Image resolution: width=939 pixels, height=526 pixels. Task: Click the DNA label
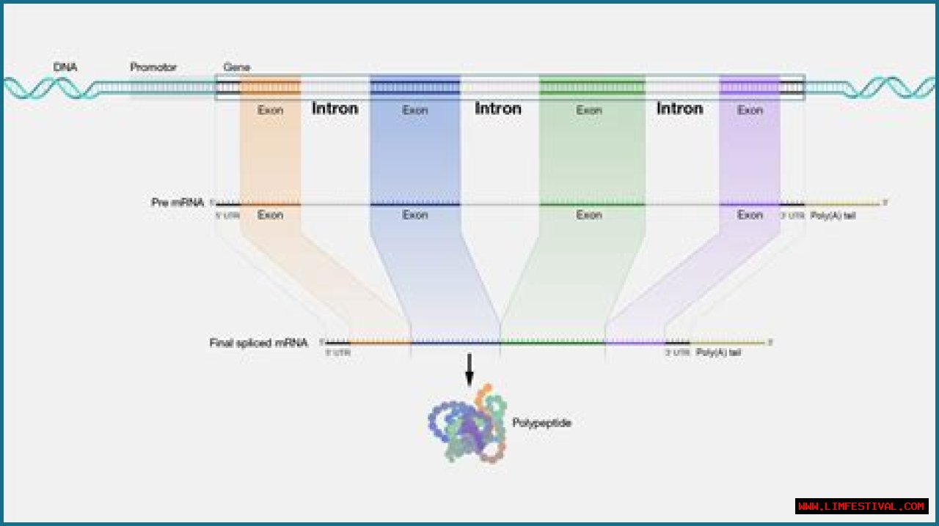(x=65, y=67)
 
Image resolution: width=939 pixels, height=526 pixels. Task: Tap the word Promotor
(x=153, y=67)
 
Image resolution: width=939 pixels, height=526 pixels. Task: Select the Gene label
(x=236, y=67)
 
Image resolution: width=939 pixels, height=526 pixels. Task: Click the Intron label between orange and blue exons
(x=335, y=108)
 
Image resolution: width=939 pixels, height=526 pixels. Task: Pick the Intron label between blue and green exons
(x=498, y=108)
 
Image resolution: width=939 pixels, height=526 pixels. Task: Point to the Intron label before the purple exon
(x=680, y=108)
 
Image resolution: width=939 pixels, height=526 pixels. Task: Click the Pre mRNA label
(x=178, y=202)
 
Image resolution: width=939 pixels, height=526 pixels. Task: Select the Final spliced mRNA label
(x=258, y=342)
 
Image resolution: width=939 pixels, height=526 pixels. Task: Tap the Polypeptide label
(x=541, y=423)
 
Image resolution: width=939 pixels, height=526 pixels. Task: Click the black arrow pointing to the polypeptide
(x=469, y=370)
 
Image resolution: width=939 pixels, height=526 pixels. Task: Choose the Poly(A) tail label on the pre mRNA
(x=833, y=215)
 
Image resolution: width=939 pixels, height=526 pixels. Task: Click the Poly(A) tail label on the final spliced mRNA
(x=718, y=352)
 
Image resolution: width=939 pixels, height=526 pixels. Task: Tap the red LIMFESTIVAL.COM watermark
(x=861, y=506)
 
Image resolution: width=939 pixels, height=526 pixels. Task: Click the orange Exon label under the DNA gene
(x=270, y=111)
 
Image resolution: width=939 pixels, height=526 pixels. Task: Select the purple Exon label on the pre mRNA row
(x=750, y=215)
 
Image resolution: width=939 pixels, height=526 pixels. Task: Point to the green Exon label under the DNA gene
(x=589, y=111)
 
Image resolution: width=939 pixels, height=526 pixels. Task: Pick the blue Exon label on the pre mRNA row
(x=414, y=215)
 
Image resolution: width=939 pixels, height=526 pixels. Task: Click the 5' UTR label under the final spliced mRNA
(x=338, y=352)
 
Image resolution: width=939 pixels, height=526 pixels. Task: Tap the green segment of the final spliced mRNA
(x=552, y=342)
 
